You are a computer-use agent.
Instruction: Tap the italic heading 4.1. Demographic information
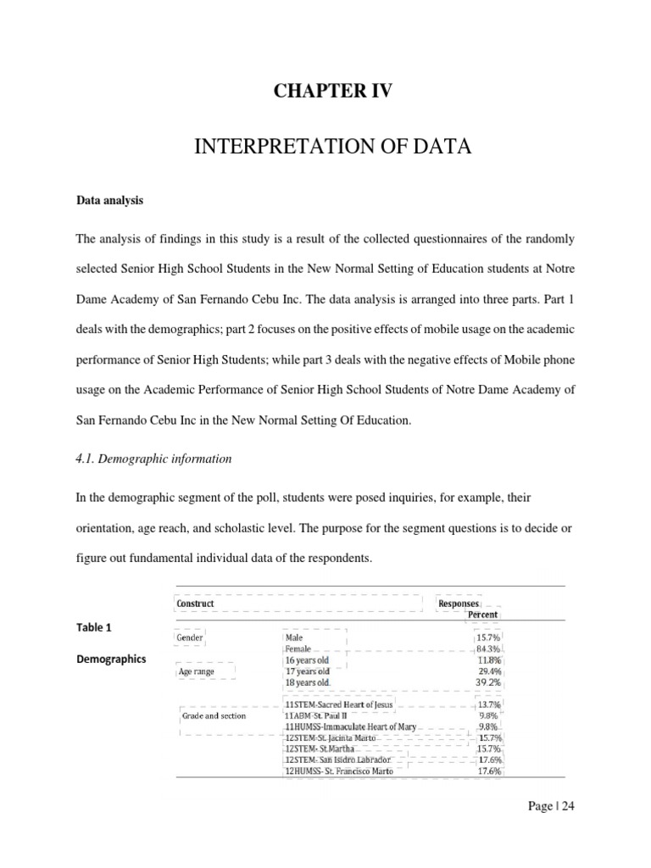point(154,459)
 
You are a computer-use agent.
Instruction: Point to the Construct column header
point(196,604)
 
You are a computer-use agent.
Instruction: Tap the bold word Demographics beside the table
point(111,659)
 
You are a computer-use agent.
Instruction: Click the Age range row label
point(197,671)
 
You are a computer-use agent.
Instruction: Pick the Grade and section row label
point(214,715)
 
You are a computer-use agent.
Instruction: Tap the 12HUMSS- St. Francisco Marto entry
point(340,771)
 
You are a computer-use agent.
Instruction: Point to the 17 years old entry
point(308,670)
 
